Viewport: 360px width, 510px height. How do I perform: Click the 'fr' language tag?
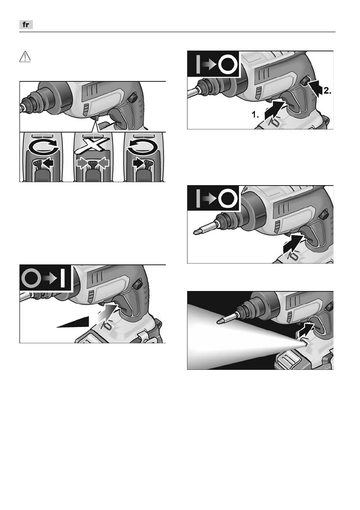[26, 25]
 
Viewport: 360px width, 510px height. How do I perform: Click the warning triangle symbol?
[25, 57]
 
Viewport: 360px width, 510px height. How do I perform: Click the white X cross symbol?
[92, 145]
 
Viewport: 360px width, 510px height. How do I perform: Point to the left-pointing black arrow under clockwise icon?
[48, 162]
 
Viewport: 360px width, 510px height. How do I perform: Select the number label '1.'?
[255, 114]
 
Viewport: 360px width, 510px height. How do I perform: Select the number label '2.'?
[327, 91]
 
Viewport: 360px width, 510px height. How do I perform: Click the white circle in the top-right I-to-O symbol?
[228, 64]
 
